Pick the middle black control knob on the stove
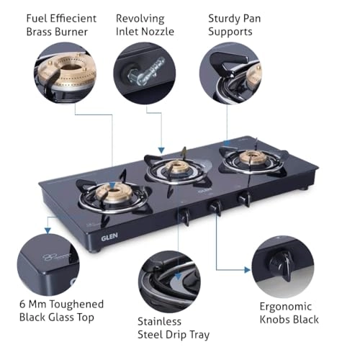tap(215, 207)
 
